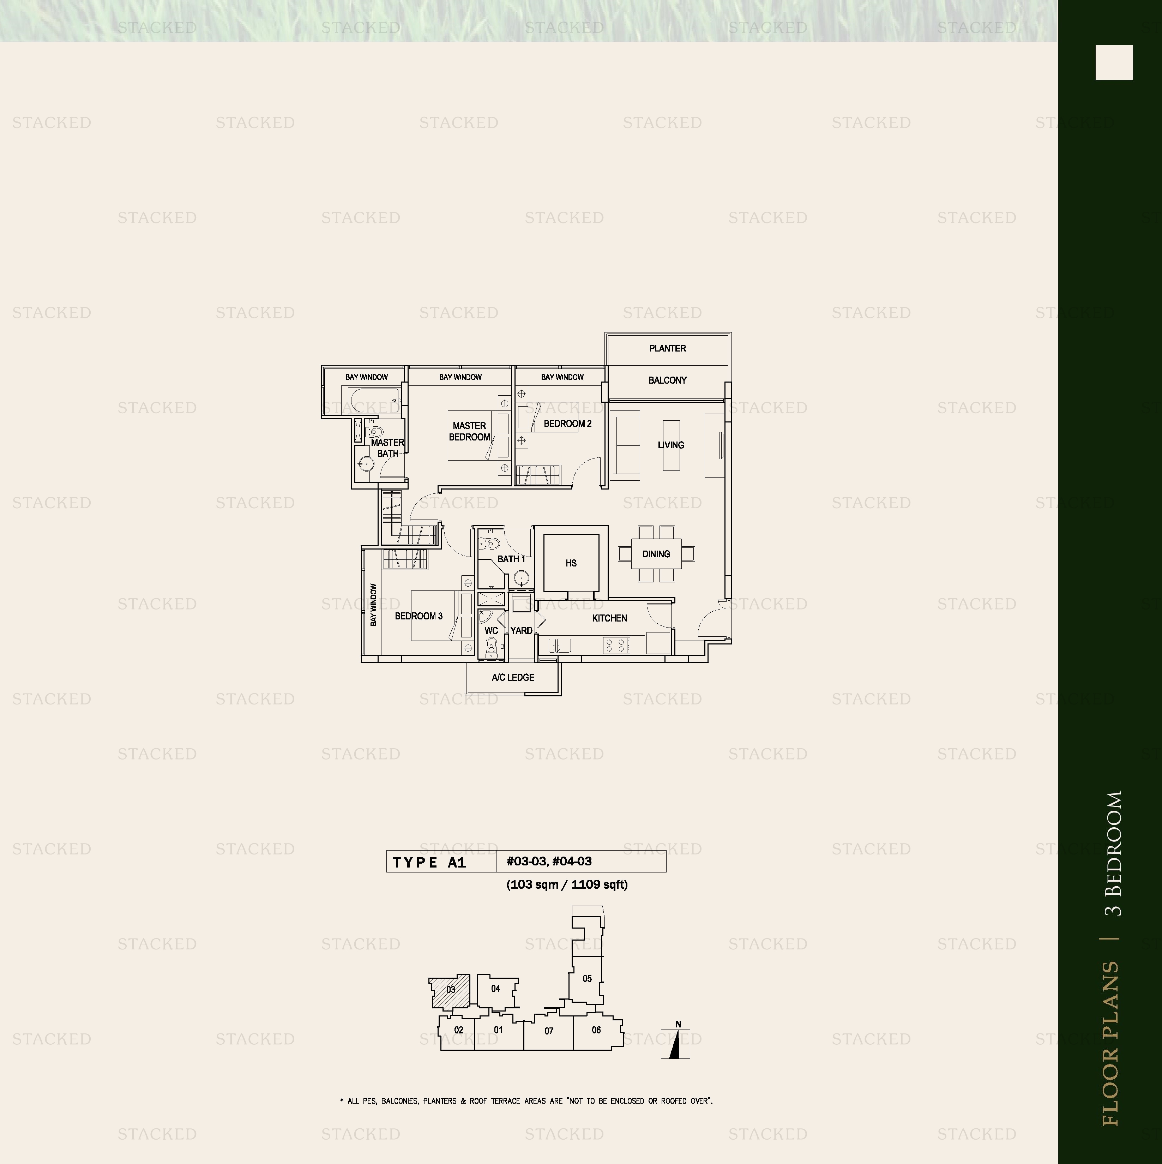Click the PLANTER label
tap(667, 348)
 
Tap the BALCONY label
tap(667, 380)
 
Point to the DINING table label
tap(656, 554)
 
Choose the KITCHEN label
tap(610, 618)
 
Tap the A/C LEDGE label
tap(513, 677)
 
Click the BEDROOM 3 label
tap(419, 616)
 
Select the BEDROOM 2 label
tap(567, 424)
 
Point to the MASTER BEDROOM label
tap(469, 431)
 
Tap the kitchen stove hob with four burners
tap(616, 645)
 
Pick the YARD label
tap(521, 630)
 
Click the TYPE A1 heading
tap(429, 862)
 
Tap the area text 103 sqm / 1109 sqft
tap(567, 884)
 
